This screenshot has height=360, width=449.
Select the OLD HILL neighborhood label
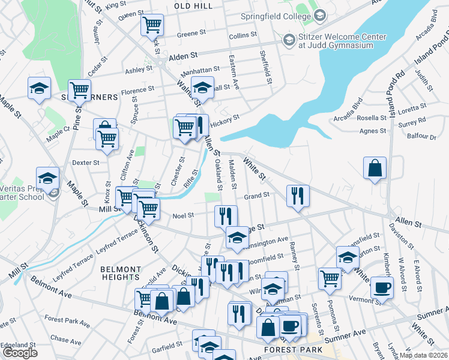point(193,5)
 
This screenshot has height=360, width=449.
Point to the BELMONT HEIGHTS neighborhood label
point(121,273)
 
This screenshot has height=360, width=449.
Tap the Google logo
point(20,353)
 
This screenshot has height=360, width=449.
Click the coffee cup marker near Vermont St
point(382,287)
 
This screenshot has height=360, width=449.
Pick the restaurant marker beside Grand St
point(298,196)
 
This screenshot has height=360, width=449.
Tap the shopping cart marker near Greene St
point(152,25)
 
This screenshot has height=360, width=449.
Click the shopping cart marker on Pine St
point(79,90)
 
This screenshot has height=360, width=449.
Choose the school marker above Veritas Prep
point(47,178)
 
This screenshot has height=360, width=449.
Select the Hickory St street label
point(226,118)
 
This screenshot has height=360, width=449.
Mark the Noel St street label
point(183,215)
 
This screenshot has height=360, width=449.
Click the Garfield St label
point(167,346)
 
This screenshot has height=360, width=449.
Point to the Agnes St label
point(372,131)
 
